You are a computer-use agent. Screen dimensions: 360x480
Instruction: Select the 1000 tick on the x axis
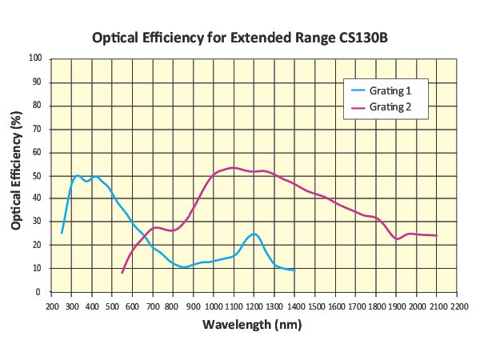coord(214,306)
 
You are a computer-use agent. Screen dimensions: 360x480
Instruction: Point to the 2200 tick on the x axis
coord(458,306)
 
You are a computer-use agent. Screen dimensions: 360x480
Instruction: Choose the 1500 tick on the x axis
coord(315,306)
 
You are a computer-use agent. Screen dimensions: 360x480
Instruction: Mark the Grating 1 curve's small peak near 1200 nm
coord(254,234)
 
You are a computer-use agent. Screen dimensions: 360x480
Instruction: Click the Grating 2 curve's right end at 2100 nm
coord(437,235)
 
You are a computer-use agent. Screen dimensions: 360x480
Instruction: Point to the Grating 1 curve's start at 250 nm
coord(62,233)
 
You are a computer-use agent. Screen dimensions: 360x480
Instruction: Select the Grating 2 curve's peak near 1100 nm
coord(233,167)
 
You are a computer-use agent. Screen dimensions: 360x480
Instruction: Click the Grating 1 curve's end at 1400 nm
coord(295,270)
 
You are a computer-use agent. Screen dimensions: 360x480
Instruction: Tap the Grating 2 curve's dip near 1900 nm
coord(397,238)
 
